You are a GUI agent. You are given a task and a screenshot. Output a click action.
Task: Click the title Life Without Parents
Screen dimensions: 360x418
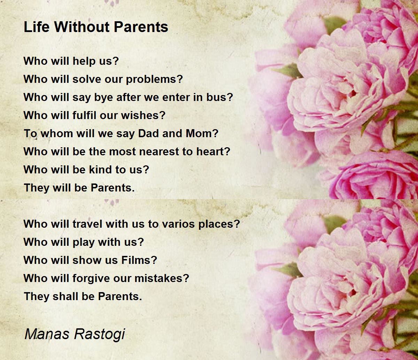pos(96,27)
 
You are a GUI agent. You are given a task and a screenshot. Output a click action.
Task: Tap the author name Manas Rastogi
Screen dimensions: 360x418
pos(75,334)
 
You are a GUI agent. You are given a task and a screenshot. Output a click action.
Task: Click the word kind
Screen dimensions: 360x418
pos(103,170)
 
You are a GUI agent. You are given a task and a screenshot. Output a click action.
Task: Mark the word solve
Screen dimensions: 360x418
pos(84,79)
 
